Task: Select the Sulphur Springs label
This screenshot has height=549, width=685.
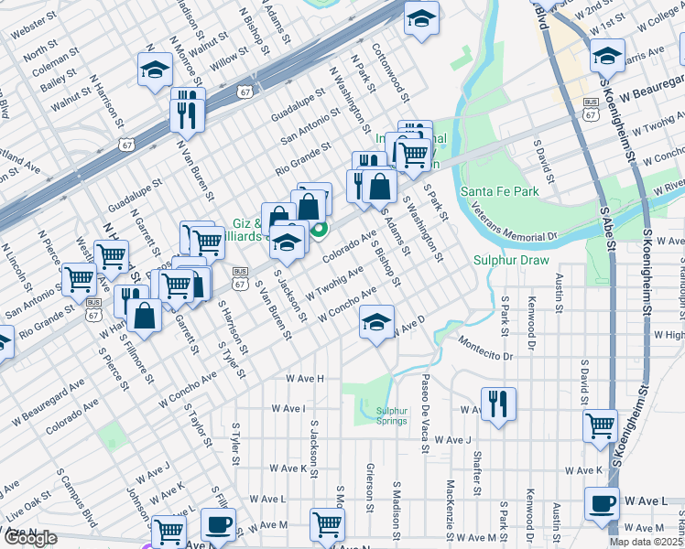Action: coord(391,416)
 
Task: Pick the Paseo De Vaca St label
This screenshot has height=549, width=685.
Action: coord(425,400)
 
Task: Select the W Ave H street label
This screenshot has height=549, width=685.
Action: coord(305,377)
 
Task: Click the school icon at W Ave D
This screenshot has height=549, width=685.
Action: coord(375,322)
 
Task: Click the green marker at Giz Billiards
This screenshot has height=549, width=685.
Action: coord(320,231)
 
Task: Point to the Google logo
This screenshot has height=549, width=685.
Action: coord(30,538)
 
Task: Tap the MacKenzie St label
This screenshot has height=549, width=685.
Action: coord(451,497)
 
